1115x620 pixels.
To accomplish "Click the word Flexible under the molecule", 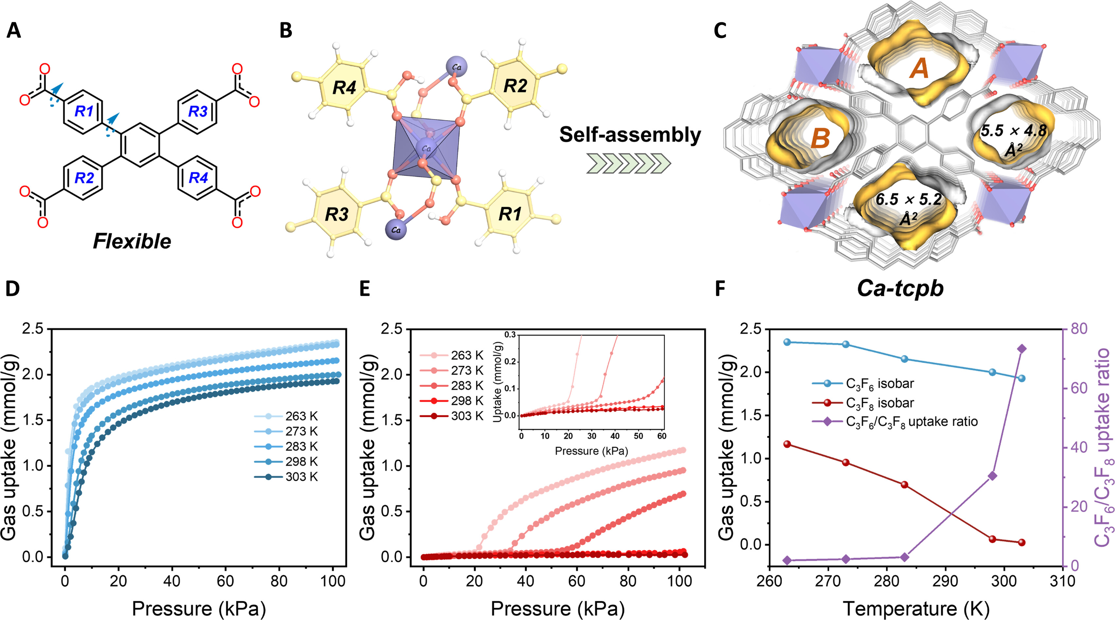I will click(132, 241).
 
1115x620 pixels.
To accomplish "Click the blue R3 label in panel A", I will click(198, 112).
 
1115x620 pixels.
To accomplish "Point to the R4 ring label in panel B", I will click(344, 88).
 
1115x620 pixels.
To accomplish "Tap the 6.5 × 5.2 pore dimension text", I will click(909, 200).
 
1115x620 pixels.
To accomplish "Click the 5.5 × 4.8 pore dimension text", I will click(1013, 131).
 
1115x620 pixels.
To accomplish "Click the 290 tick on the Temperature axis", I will click(945, 581).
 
